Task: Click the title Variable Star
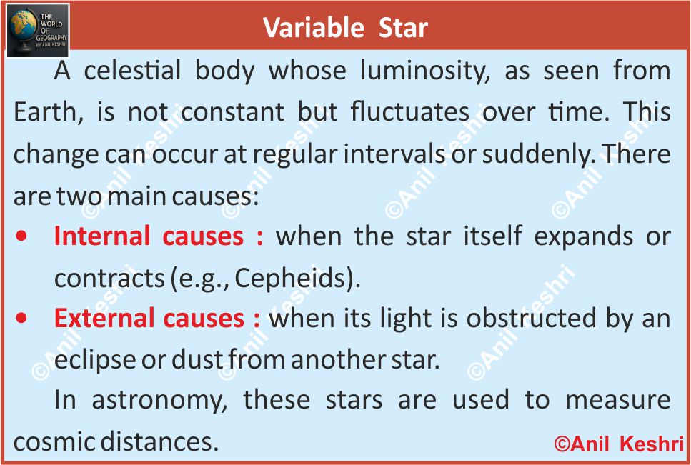[346, 28]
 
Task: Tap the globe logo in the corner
[38, 31]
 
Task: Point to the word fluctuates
[410, 111]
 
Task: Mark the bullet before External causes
[21, 318]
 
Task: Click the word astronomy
[159, 401]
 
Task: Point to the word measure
[618, 401]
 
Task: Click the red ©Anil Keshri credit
[619, 444]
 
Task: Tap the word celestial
[132, 71]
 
